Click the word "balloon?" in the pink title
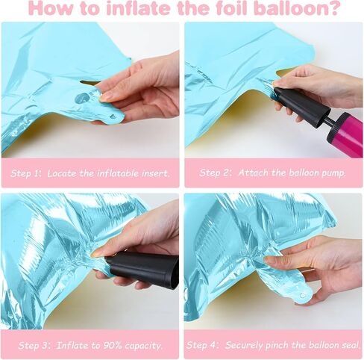click(x=298, y=8)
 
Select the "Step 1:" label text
click(x=25, y=173)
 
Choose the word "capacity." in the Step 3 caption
click(x=144, y=346)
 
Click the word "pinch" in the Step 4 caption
click(x=277, y=346)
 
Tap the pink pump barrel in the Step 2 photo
click(x=345, y=133)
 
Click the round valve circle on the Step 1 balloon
click(x=82, y=98)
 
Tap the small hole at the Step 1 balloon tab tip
click(x=113, y=116)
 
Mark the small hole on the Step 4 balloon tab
click(x=303, y=295)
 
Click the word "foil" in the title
click(x=231, y=8)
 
